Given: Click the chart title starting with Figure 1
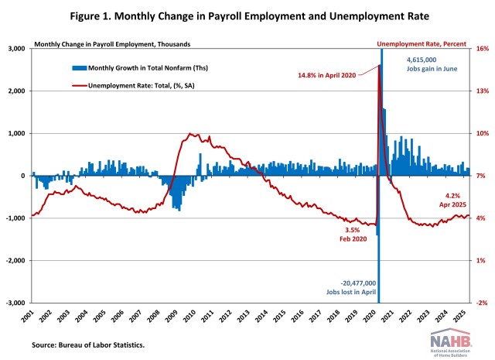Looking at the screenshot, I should point(247,15).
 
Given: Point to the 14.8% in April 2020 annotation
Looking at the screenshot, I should point(328,75).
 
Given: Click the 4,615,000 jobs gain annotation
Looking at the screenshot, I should point(431,64).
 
